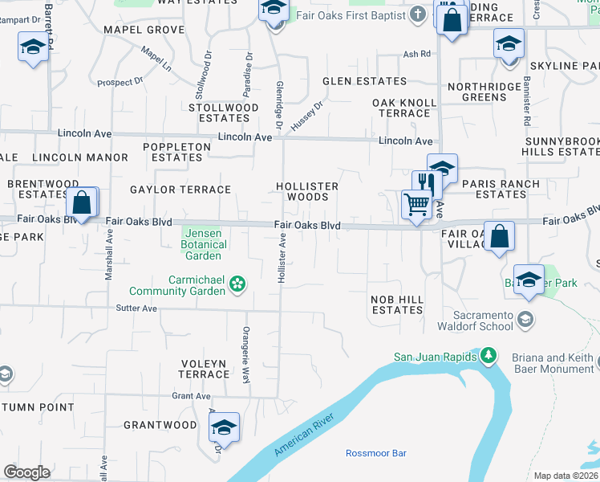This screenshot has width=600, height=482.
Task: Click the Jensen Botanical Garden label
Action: point(204,244)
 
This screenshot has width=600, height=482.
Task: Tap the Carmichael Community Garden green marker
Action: point(237,283)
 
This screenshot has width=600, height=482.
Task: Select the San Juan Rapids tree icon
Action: point(486,356)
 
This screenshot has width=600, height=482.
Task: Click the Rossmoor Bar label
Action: point(375,453)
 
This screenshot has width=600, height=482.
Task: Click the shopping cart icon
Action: point(416,206)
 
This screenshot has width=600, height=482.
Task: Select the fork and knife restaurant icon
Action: point(427,184)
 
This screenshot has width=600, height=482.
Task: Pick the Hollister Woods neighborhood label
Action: point(307,191)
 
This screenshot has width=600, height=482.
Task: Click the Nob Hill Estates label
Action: point(396,304)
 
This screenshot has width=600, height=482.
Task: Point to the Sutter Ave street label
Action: point(136,308)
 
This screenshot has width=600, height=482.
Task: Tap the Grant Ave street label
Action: point(191,396)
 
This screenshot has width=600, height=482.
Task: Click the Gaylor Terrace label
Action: point(180,190)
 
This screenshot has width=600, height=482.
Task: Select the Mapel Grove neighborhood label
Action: point(144,30)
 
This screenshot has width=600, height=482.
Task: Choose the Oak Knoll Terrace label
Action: point(404,108)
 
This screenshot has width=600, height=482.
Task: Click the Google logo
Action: point(26,472)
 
